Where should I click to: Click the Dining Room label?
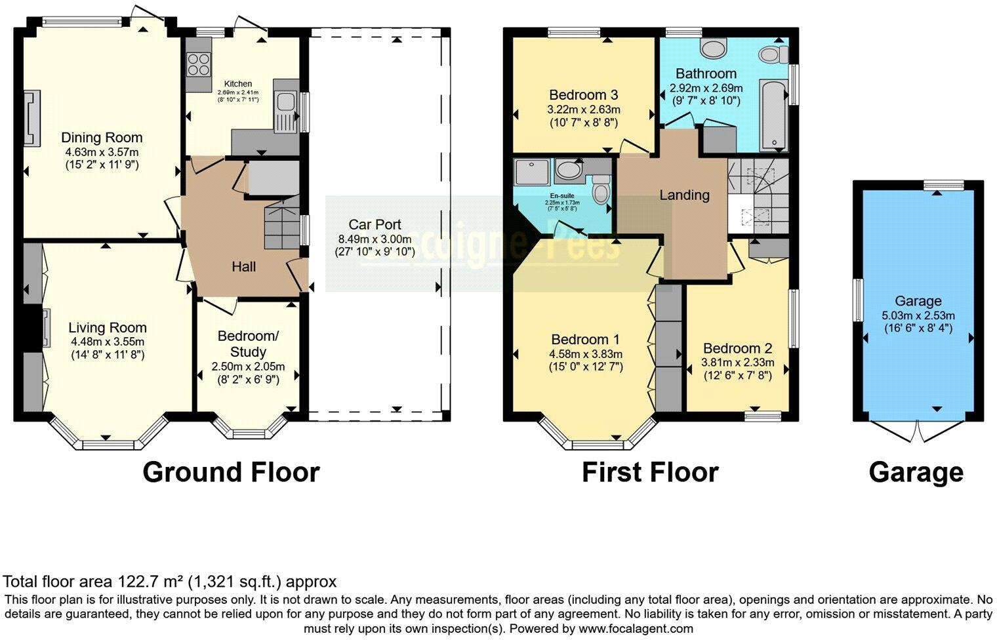click(x=102, y=138)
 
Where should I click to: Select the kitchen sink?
click(x=285, y=102)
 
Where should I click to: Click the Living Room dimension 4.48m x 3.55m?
click(x=108, y=342)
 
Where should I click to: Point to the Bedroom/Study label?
click(x=248, y=344)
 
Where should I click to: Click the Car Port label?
click(x=375, y=224)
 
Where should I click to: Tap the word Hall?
click(x=243, y=267)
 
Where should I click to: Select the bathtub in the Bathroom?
click(x=774, y=115)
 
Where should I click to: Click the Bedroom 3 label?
click(x=584, y=95)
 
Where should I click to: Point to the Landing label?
click(x=684, y=195)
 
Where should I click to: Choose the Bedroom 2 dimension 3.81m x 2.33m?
click(x=738, y=363)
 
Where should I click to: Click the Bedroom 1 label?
click(x=585, y=340)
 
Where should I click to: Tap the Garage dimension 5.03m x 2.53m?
click(x=918, y=315)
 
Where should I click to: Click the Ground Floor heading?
click(x=231, y=472)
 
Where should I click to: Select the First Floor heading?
click(x=649, y=472)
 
